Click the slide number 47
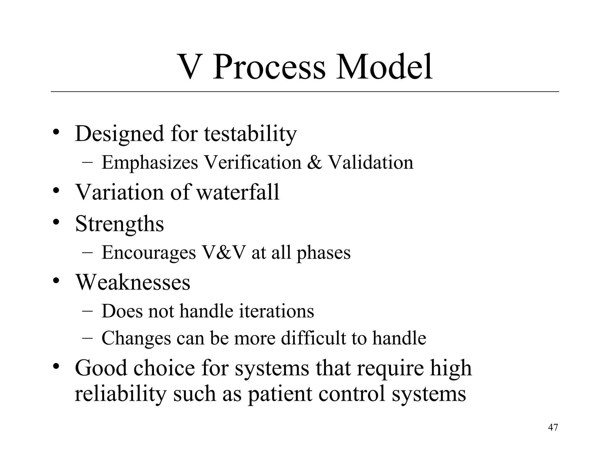[x=553, y=427]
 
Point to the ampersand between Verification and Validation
[x=315, y=163]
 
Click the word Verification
[x=253, y=163]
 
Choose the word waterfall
[x=238, y=192]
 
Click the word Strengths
[x=119, y=224]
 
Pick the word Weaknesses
[x=133, y=282]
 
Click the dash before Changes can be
[x=87, y=338]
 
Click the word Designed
[x=119, y=134]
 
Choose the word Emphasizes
[x=150, y=163]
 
